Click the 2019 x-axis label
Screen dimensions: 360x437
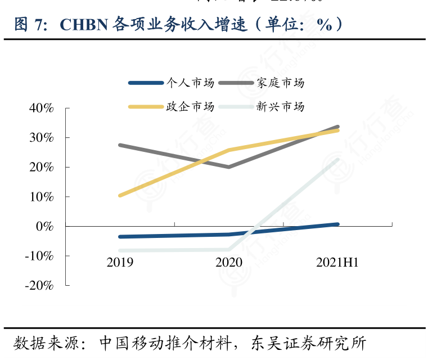pyautogui.click(x=120, y=263)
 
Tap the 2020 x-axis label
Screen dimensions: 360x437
pyautogui.click(x=229, y=263)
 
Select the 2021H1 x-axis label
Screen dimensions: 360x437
pyautogui.click(x=337, y=263)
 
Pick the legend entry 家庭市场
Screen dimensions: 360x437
pyautogui.click(x=280, y=83)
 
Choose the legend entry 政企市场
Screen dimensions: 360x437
pyautogui.click(x=190, y=106)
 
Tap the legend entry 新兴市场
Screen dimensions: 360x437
pyautogui.click(x=280, y=106)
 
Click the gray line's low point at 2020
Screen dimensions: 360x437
pyautogui.click(x=229, y=166)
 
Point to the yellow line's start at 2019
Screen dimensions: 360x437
pyautogui.click(x=120, y=196)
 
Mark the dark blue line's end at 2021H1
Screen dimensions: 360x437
pyautogui.click(x=337, y=224)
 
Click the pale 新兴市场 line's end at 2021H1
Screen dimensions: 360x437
pyautogui.click(x=337, y=160)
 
